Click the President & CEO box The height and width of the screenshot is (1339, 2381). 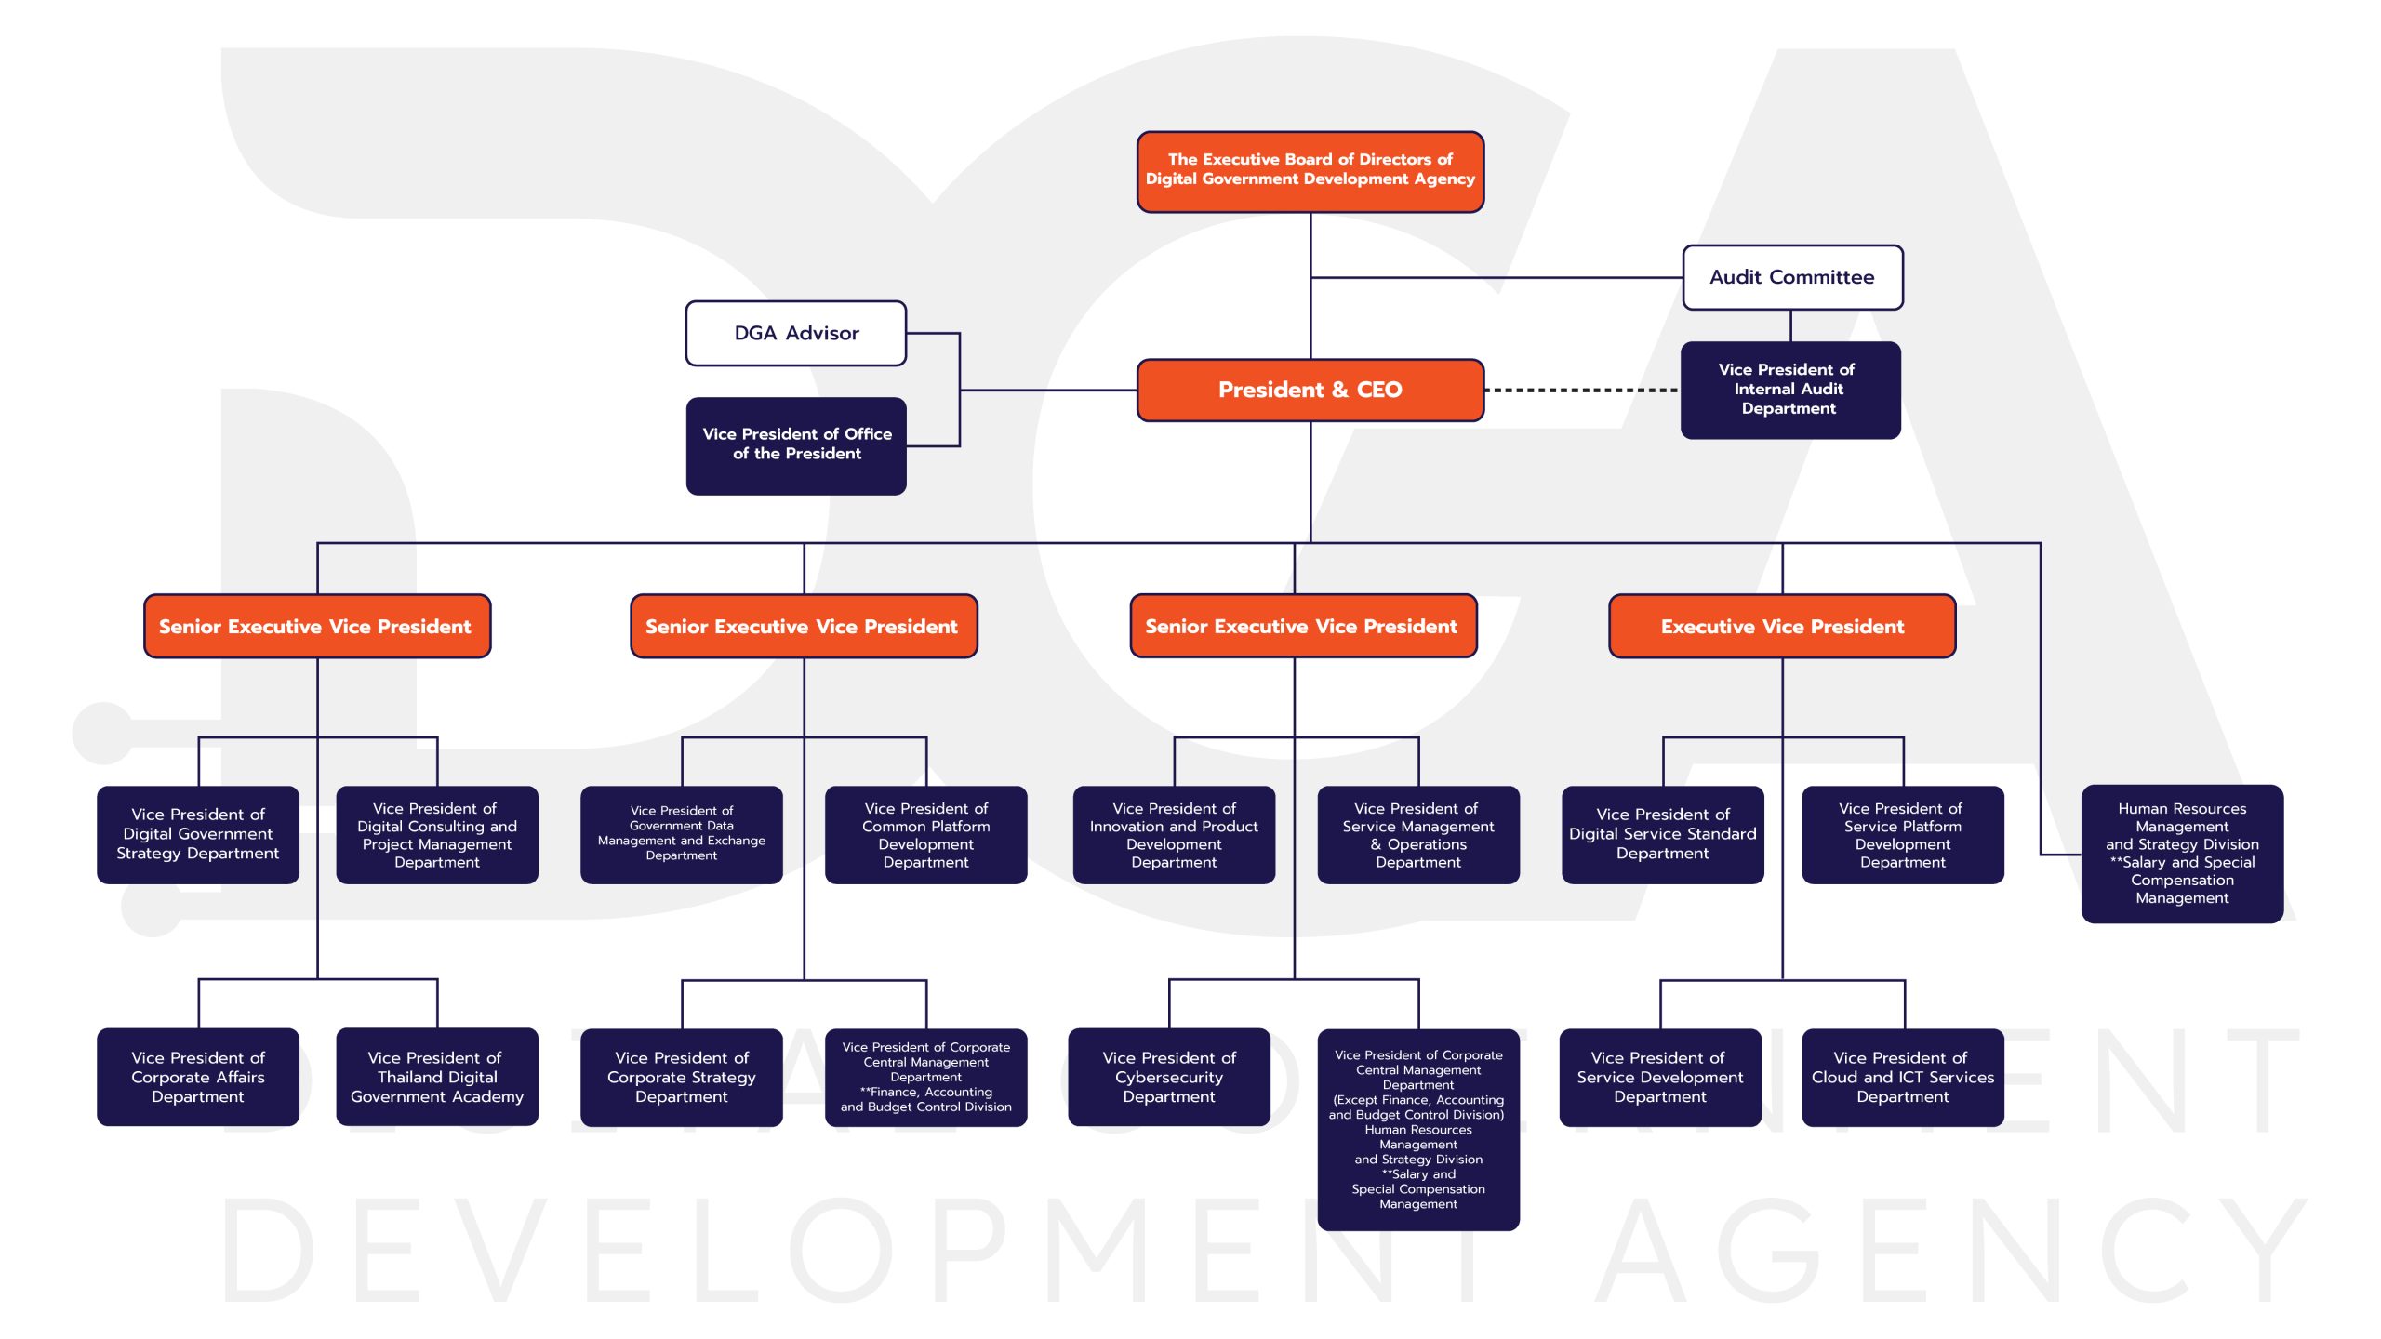(1310, 390)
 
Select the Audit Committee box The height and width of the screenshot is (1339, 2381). (1792, 277)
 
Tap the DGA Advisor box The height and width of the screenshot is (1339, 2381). (796, 333)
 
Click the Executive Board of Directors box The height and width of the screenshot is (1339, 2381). (1310, 171)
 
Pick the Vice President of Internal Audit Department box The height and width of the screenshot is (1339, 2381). (1790, 390)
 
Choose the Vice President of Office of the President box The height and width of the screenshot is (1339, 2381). (796, 445)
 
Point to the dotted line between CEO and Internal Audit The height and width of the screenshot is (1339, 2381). (1582, 391)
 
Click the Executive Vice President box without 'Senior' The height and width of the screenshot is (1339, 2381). (1782, 626)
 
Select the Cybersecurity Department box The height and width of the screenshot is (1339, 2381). (1169, 1077)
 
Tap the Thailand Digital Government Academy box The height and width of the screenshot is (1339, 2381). (437, 1077)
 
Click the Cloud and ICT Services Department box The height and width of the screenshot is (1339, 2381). (1903, 1077)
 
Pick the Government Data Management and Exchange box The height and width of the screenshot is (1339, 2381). (682, 834)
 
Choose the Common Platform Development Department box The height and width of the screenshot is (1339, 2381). (926, 834)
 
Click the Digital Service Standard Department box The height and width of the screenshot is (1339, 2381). (1663, 834)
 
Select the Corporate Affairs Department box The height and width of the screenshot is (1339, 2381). (198, 1077)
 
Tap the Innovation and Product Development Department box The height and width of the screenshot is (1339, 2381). (1174, 834)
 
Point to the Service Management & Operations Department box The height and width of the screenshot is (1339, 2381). (1418, 834)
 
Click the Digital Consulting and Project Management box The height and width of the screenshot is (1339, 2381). (437, 834)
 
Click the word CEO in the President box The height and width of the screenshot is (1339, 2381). (1379, 390)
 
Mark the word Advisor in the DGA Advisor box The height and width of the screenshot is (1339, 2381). (822, 333)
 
